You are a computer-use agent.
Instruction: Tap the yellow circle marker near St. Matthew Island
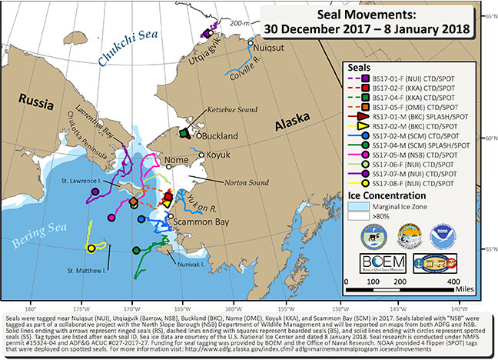coord(91,248)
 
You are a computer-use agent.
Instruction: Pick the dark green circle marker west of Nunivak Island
coord(136,251)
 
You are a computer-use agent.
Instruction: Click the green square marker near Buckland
coord(184,133)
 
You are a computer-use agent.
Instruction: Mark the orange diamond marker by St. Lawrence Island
coord(133,202)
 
